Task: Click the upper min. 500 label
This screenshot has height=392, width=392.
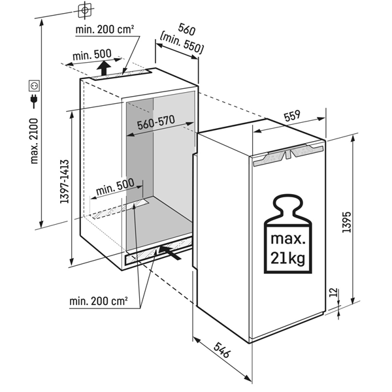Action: (92, 53)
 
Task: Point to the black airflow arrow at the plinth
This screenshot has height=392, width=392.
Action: (171, 250)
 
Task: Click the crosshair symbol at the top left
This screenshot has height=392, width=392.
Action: (84, 10)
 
